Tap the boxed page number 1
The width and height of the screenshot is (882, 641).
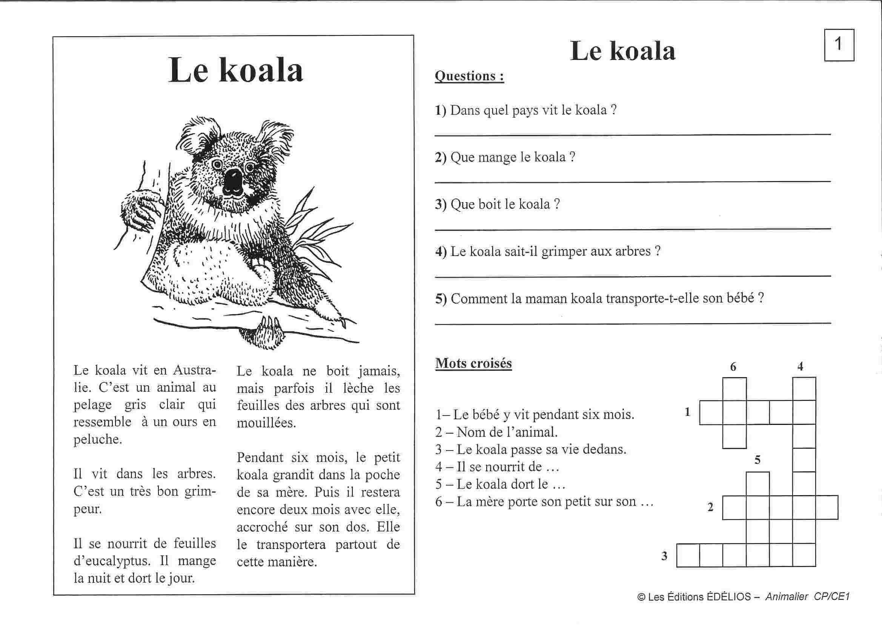tap(839, 45)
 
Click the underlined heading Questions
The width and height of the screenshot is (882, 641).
tap(469, 76)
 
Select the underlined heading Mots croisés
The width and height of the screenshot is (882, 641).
tap(473, 363)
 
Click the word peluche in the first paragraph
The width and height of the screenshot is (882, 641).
tap(97, 439)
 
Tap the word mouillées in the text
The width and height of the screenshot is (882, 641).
tap(266, 423)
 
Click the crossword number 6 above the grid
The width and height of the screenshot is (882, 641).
tap(733, 367)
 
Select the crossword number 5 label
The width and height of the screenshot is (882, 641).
tap(757, 460)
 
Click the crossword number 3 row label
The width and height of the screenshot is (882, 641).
tap(664, 556)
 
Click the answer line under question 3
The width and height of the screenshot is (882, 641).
tap(632, 229)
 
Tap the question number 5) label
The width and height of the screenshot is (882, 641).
tap(441, 299)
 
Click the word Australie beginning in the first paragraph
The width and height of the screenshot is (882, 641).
tap(194, 370)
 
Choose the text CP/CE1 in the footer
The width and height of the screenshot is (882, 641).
tap(831, 597)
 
